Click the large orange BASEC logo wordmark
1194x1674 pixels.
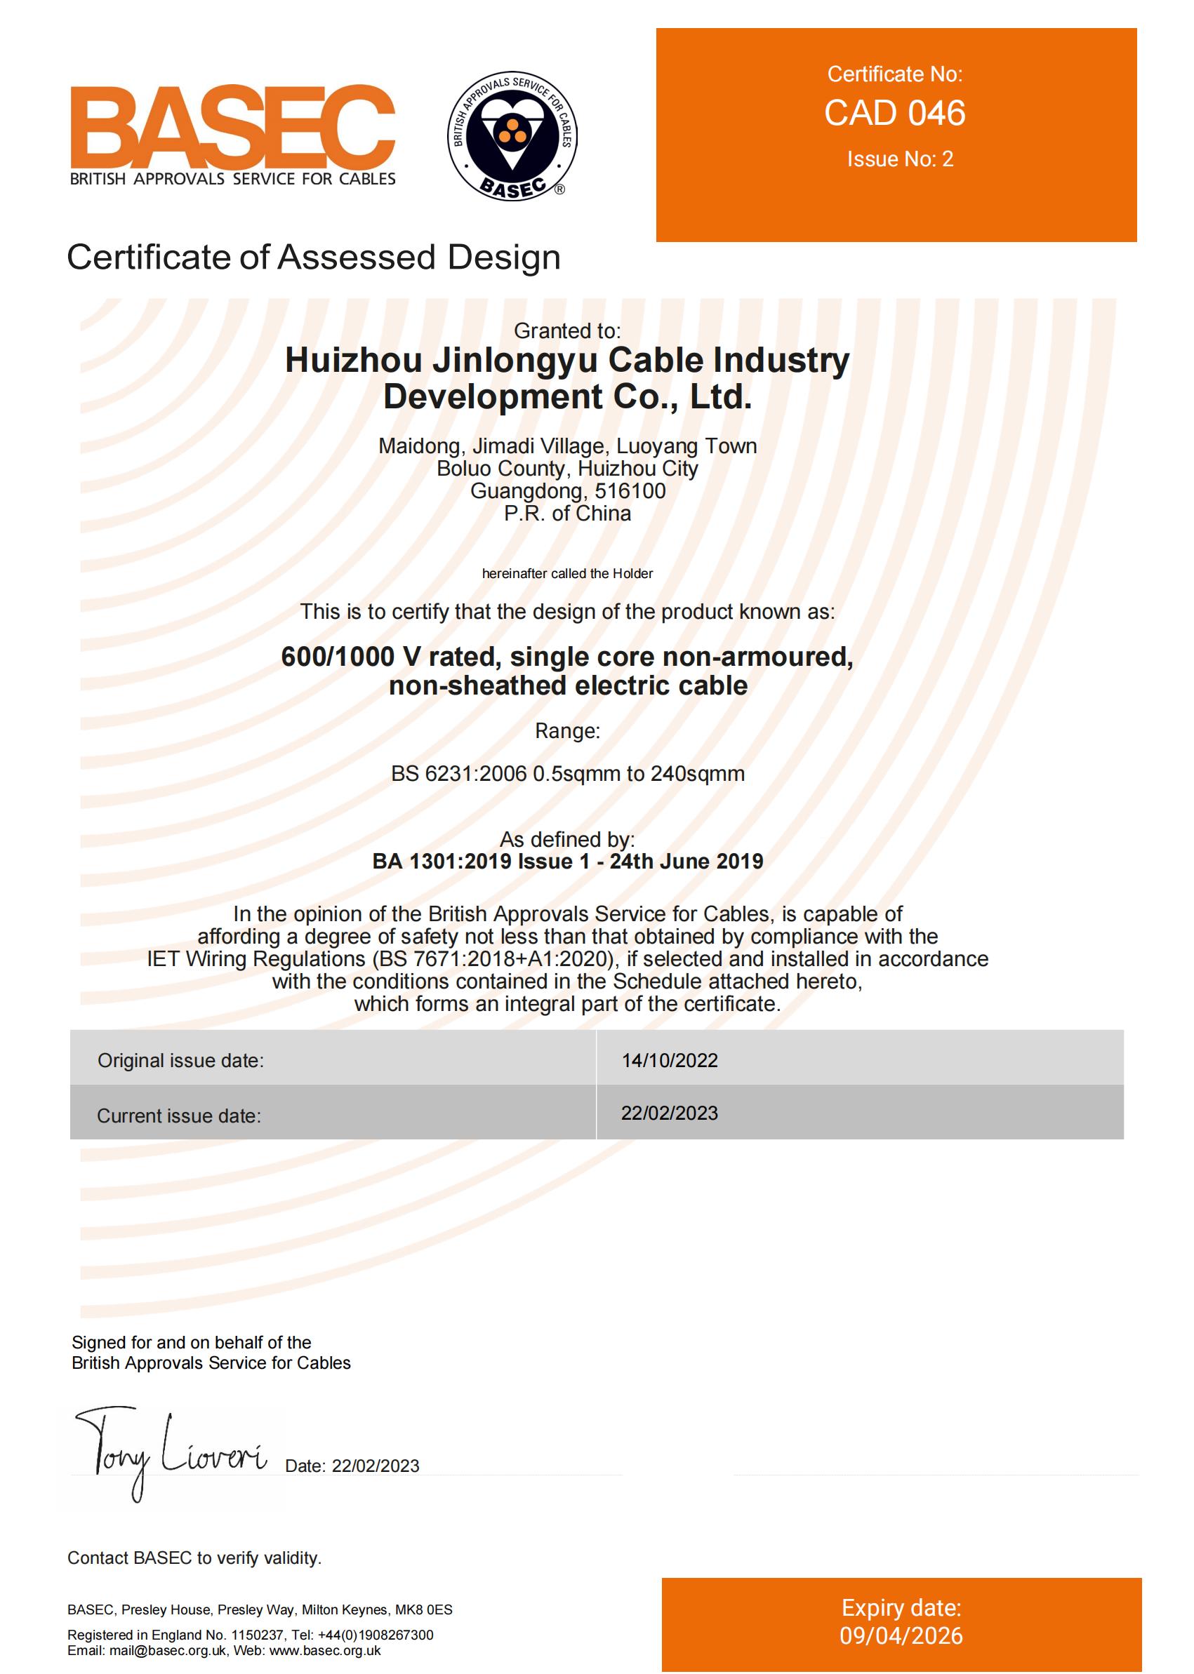(x=232, y=126)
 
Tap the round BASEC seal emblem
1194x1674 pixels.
(x=512, y=136)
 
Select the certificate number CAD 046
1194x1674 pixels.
(x=895, y=113)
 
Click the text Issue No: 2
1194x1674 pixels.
(x=900, y=159)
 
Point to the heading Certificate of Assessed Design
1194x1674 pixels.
(x=313, y=258)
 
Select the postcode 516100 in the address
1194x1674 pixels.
(x=630, y=491)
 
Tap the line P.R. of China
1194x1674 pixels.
(x=567, y=514)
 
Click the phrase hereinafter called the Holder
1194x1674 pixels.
(x=567, y=574)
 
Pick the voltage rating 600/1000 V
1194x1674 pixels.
(x=338, y=657)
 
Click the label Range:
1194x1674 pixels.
(x=567, y=731)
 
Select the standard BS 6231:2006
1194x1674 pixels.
(x=459, y=774)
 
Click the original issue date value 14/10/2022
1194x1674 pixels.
(x=669, y=1060)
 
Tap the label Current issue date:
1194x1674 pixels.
(x=179, y=1116)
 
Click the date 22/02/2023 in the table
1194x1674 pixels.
(x=669, y=1113)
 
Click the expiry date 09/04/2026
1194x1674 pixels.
(x=901, y=1636)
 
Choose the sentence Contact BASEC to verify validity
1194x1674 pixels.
(x=194, y=1558)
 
